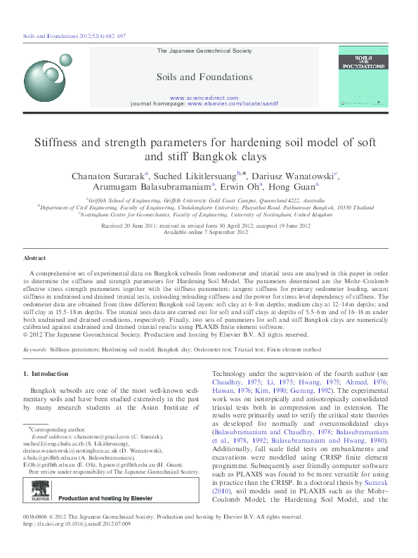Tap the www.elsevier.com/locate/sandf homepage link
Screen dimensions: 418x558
[x=233, y=103]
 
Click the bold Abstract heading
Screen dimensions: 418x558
[x=34, y=259]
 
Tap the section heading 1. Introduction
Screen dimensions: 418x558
[x=46, y=374]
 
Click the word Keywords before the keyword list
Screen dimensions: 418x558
[x=36, y=348]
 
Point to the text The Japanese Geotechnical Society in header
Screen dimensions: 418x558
[x=203, y=51]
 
